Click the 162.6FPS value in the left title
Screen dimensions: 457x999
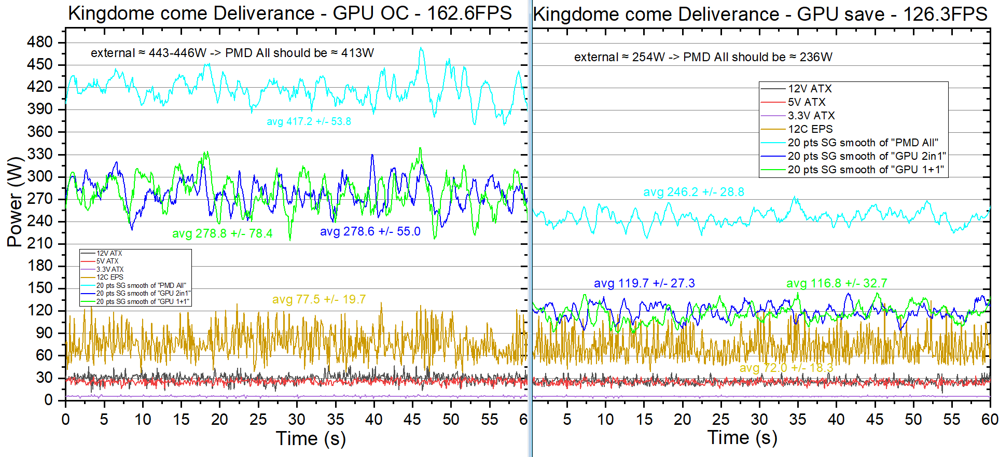pyautogui.click(x=469, y=13)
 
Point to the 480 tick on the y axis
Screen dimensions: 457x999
pyautogui.click(x=40, y=42)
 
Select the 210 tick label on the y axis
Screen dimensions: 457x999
pyautogui.click(x=40, y=243)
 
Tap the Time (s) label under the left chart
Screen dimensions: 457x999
pyautogui.click(x=311, y=439)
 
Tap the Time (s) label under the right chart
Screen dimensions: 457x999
pyautogui.click(x=742, y=438)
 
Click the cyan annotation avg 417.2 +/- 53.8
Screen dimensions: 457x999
pyautogui.click(x=309, y=121)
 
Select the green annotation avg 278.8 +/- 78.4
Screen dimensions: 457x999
pyautogui.click(x=222, y=233)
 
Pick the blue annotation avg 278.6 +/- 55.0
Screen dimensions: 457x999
pyautogui.click(x=370, y=231)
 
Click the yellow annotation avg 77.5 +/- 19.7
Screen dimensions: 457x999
pyautogui.click(x=318, y=299)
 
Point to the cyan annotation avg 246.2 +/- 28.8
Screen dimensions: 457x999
pyautogui.click(x=693, y=192)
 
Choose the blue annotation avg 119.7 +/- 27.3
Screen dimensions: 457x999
pyautogui.click(x=644, y=283)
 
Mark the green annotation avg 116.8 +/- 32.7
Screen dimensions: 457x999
pyautogui.click(x=837, y=283)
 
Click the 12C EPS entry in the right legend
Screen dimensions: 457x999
pyautogui.click(x=810, y=129)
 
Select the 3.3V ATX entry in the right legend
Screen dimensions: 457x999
pyautogui.click(x=811, y=116)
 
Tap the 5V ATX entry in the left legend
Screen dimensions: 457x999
pyautogui.click(x=107, y=261)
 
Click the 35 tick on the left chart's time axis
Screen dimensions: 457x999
pyautogui.click(x=336, y=419)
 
